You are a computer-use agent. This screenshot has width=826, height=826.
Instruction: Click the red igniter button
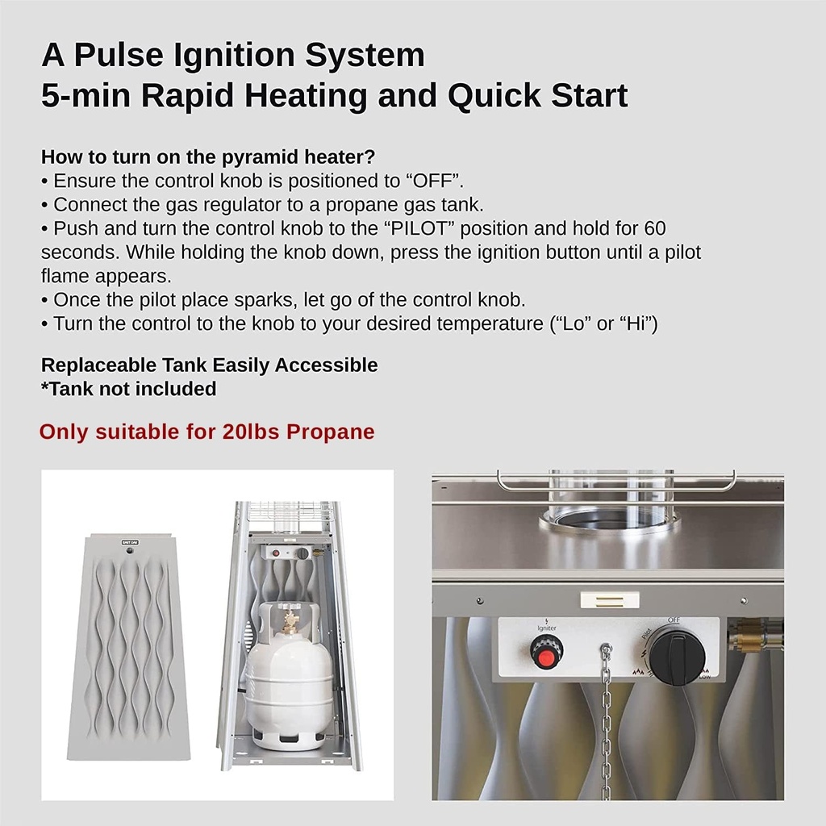pos(546,652)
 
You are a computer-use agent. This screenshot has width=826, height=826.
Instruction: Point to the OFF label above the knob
pos(672,619)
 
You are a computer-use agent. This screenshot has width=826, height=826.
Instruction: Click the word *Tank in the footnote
pos(65,389)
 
